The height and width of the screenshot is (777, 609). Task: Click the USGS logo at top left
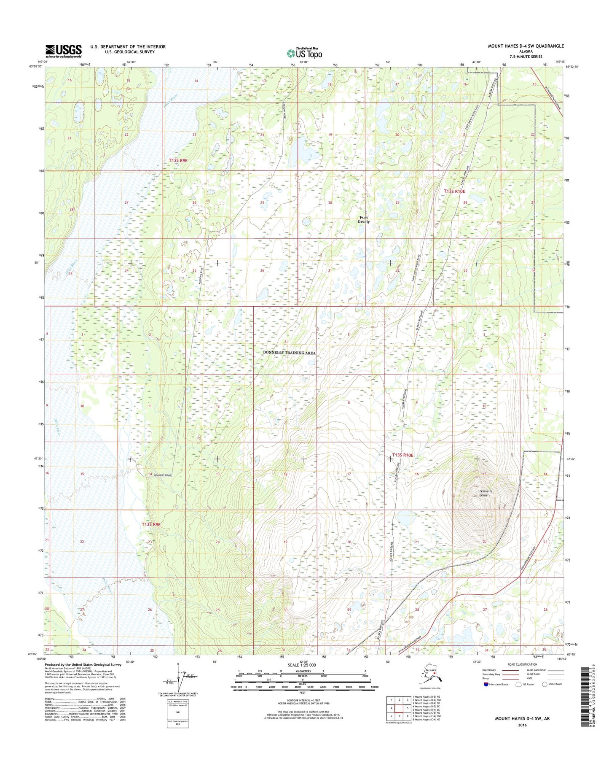coord(64,51)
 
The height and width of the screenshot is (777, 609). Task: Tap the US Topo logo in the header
coord(304,53)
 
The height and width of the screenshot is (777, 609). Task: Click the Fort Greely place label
coord(363,220)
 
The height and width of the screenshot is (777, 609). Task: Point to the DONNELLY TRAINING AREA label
coord(289,353)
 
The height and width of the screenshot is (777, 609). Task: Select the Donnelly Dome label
coord(483,493)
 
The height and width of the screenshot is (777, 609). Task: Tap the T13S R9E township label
coord(151,524)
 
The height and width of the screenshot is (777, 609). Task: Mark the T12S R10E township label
coord(454,191)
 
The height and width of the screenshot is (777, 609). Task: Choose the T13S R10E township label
coord(403,455)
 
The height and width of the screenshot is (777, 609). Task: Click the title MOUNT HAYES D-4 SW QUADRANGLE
coord(526,46)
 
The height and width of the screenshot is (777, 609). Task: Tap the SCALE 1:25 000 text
coord(302,665)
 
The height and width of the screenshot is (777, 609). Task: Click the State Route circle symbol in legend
coord(545,684)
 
